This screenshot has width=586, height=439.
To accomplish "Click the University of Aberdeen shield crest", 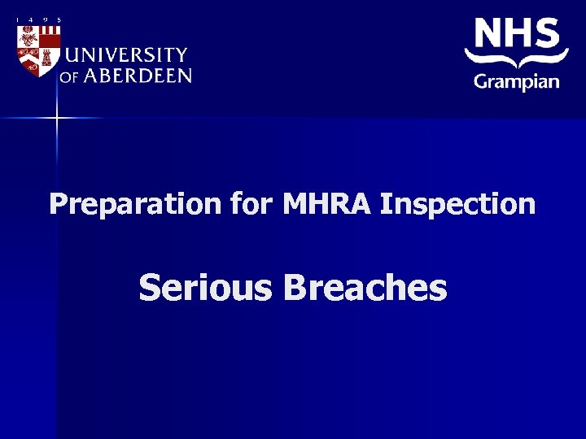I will point(38,50).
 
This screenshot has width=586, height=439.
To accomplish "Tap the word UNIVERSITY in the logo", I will point(126,55).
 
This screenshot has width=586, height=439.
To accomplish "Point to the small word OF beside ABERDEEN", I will point(68,77).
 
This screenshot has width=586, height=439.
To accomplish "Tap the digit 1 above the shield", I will point(18,20).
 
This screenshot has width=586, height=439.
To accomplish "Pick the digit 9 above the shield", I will point(46,20).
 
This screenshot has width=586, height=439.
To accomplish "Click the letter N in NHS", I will point(490,33).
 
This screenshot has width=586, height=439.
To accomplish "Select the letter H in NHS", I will point(521,33).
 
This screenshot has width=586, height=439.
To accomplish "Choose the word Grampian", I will point(516,81).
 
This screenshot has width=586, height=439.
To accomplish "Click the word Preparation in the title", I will point(135,204).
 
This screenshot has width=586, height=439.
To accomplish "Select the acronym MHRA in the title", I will point(328,203).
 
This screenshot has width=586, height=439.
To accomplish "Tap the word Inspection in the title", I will point(458,204).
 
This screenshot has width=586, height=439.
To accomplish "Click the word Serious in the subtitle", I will point(206,288).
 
